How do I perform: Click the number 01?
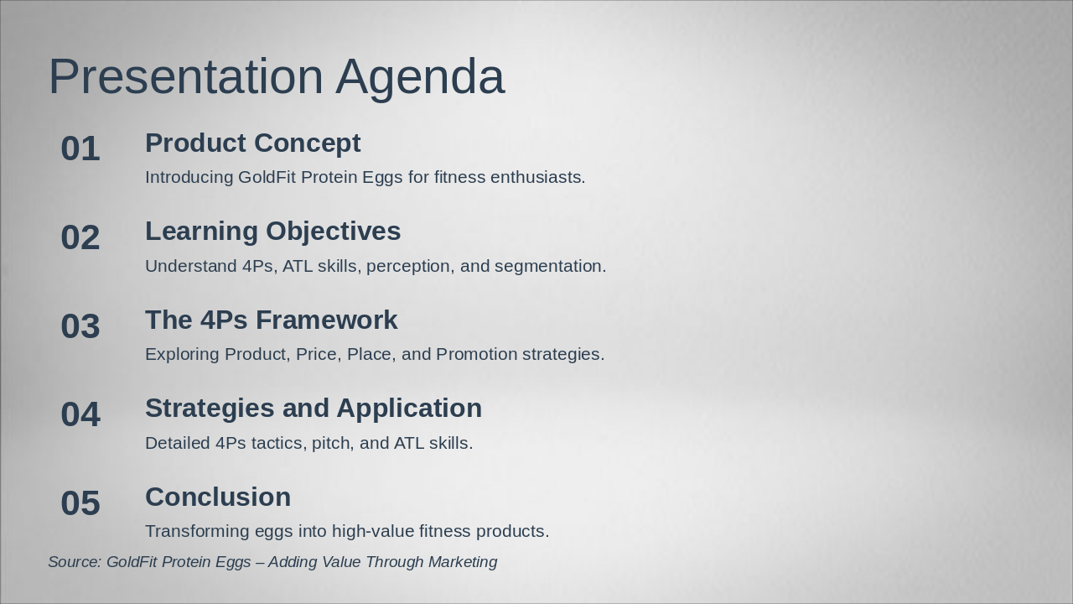click(80, 149)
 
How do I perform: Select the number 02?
click(80, 238)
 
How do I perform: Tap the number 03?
click(80, 326)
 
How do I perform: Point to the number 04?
click(80, 415)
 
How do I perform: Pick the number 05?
click(80, 503)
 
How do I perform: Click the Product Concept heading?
click(252, 143)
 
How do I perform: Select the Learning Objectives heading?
click(272, 232)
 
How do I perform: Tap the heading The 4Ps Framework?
click(271, 320)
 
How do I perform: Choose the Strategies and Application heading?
click(313, 409)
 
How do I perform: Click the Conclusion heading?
click(218, 497)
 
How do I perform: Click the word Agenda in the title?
click(420, 77)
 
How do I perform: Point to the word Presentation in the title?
click(185, 77)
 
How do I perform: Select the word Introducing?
click(189, 178)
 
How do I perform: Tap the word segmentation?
click(550, 267)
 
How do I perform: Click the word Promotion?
click(476, 355)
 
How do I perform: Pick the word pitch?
click(330, 444)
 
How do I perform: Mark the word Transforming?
click(195, 532)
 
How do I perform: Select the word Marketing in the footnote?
click(462, 562)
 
